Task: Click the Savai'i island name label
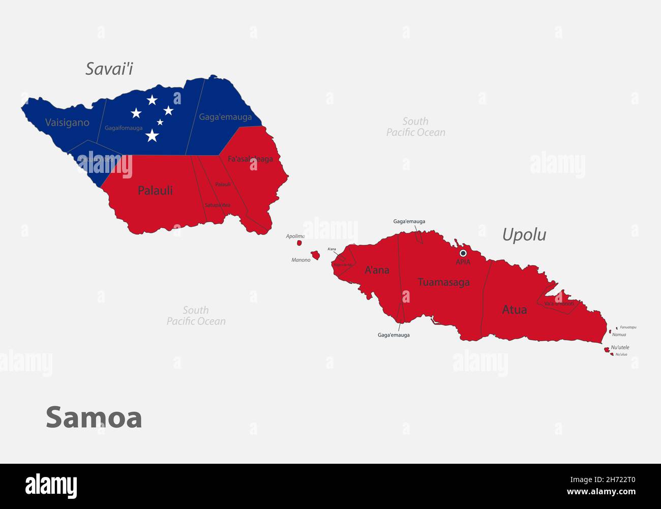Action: [109, 69]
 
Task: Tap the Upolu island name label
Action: [524, 234]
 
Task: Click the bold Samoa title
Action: [94, 417]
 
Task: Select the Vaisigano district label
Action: [67, 123]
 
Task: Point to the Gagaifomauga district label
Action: [124, 128]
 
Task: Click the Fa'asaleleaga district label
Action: [250, 159]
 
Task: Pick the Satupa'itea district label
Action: [218, 205]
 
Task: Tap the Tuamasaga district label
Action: [443, 282]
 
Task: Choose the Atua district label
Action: [514, 310]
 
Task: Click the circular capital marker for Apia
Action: [463, 253]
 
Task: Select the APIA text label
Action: [463, 262]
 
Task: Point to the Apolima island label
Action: [295, 236]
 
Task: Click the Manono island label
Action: [301, 260]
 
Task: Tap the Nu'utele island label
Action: [620, 347]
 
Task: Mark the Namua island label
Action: [619, 335]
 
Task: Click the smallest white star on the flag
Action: [160, 122]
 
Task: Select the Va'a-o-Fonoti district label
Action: [559, 304]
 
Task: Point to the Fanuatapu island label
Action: [628, 327]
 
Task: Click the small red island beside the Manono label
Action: [315, 254]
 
